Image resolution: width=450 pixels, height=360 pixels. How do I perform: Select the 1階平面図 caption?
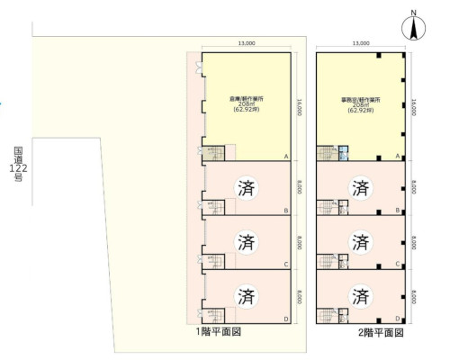pyautogui.click(x=219, y=332)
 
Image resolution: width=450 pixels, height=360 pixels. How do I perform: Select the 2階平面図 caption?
pyautogui.click(x=380, y=332)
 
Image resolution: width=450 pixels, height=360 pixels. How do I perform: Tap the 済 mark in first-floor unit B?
pyautogui.click(x=246, y=188)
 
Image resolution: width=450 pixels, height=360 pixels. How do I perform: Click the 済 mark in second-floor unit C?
pyautogui.click(x=361, y=241)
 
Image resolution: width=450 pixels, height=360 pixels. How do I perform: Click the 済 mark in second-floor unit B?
pyautogui.click(x=361, y=188)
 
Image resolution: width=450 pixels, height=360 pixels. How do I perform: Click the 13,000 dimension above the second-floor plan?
pyautogui.click(x=361, y=42)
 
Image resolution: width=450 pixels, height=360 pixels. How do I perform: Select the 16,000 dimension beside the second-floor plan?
pyautogui.click(x=412, y=106)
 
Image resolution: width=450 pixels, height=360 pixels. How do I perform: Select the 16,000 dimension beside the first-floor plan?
pyautogui.click(x=299, y=106)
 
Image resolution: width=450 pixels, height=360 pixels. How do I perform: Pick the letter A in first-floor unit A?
pyautogui.click(x=285, y=157)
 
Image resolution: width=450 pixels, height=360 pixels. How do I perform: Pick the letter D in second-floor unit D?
pyautogui.click(x=398, y=319)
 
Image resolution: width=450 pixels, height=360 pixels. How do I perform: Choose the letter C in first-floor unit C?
pyautogui.click(x=285, y=265)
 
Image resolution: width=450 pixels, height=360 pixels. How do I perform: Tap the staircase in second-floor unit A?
pyautogui.click(x=327, y=153)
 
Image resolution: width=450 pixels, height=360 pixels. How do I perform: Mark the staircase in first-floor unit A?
pyautogui.click(x=213, y=153)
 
